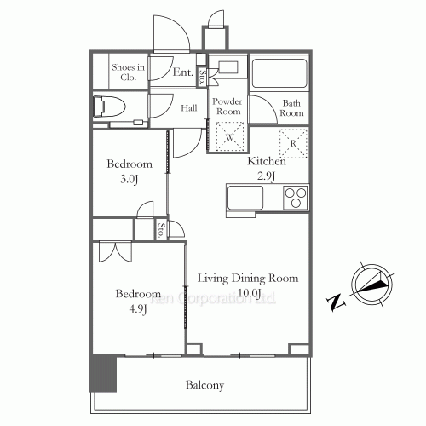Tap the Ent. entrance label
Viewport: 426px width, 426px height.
pyautogui.click(x=182, y=73)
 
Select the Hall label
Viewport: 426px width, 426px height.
pyautogui.click(x=190, y=108)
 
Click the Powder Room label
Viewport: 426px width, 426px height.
pyautogui.click(x=227, y=106)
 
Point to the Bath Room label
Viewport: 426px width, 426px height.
pyautogui.click(x=292, y=108)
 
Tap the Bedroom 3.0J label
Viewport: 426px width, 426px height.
pyautogui.click(x=129, y=170)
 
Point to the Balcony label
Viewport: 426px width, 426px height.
pyautogui.click(x=204, y=385)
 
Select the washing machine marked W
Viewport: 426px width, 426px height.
pyautogui.click(x=228, y=134)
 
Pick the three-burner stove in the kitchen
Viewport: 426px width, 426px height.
pyautogui.click(x=294, y=197)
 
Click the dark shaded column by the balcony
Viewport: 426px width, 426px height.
pyautogui.click(x=102, y=371)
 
